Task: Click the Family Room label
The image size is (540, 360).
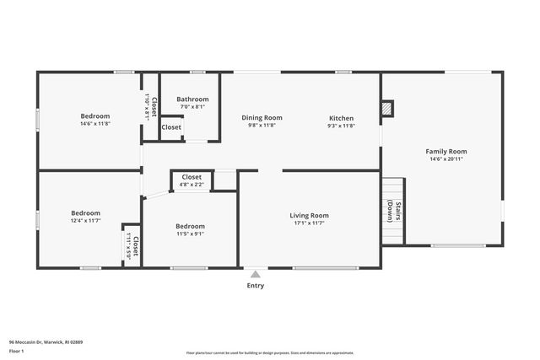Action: point(445,151)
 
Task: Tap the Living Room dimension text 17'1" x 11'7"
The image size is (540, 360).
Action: point(309,223)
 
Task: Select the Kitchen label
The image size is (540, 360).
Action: point(341,118)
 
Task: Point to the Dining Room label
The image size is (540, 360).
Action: point(262,118)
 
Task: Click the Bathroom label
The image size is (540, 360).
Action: point(192,99)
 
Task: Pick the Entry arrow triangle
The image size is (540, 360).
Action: point(255,273)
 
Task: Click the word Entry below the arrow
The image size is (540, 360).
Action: point(255,286)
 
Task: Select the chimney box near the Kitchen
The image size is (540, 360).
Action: point(386,108)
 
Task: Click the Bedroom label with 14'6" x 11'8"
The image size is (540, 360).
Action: point(95,116)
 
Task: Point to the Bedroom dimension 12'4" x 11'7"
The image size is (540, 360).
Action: point(85,221)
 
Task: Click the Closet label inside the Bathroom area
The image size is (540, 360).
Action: point(171,127)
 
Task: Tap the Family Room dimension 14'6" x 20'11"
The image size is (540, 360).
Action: point(445,159)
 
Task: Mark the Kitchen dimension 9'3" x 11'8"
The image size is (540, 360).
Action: point(341,126)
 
